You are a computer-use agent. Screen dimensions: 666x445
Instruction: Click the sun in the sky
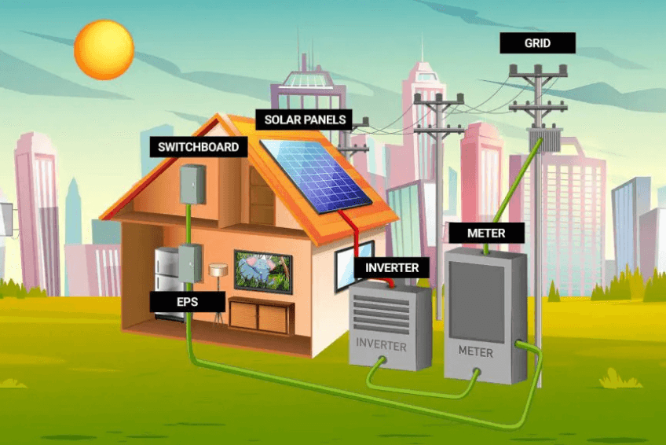click(x=104, y=50)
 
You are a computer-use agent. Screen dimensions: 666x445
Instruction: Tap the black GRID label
click(x=537, y=43)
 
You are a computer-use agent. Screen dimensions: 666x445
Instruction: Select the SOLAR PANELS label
click(x=305, y=120)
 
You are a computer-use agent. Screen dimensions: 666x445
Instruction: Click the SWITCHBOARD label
click(x=199, y=147)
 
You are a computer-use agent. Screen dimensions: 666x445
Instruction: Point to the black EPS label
click(x=187, y=301)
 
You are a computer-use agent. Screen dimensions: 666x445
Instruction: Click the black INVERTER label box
click(x=392, y=267)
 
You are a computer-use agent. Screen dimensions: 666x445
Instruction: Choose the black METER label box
click(x=486, y=233)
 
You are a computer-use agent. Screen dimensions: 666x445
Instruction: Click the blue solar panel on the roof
click(x=317, y=175)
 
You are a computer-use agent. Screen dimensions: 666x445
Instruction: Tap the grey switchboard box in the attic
click(x=193, y=184)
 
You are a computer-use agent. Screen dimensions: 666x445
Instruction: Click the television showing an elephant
click(x=263, y=272)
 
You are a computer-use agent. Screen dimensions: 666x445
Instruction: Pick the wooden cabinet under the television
click(x=261, y=315)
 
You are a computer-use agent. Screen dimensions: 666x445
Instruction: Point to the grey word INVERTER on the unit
click(x=381, y=344)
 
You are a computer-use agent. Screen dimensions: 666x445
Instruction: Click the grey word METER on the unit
click(x=476, y=351)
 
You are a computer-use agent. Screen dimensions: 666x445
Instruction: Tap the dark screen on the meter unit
click(x=477, y=301)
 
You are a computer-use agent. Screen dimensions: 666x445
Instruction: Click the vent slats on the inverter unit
click(x=382, y=314)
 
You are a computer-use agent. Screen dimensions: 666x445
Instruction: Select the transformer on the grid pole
click(x=543, y=138)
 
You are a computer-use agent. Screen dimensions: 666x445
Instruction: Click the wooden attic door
click(x=262, y=195)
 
